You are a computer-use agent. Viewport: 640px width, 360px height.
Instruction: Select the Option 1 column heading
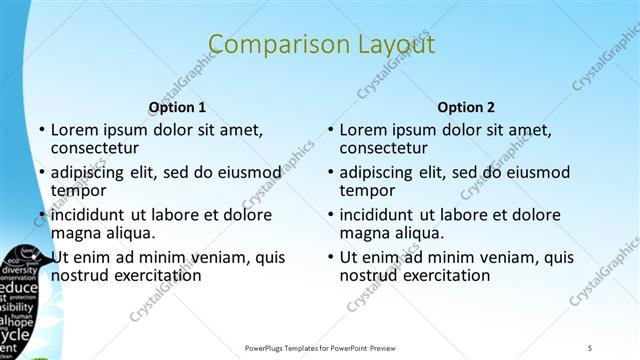point(177,107)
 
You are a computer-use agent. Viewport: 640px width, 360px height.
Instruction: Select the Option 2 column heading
point(465,107)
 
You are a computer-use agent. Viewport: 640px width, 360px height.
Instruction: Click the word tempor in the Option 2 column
point(366,190)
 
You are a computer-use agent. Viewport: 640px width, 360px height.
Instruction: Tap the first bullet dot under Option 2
point(331,131)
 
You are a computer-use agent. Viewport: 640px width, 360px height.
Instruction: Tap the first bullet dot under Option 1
point(42,131)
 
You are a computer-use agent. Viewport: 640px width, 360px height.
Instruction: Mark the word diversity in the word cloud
point(19,269)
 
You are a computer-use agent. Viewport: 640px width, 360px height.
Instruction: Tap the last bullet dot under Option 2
point(331,257)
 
